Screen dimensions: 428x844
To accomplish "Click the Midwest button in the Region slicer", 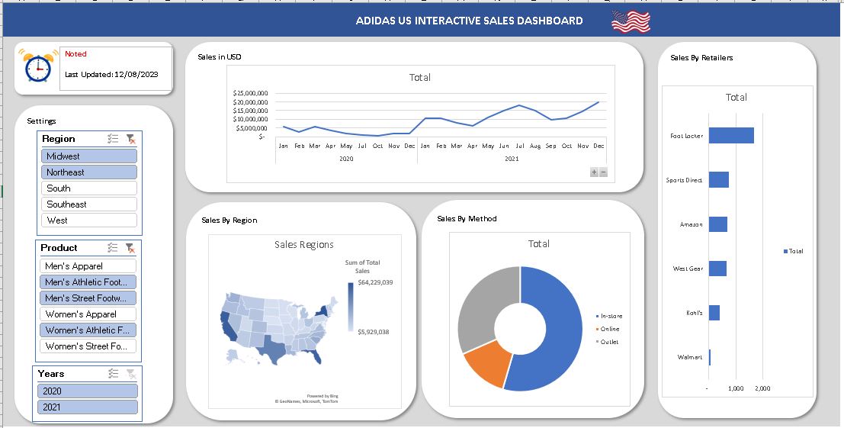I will (x=89, y=156).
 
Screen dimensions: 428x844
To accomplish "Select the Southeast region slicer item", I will (x=89, y=204).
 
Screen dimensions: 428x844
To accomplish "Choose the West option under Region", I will (x=89, y=220).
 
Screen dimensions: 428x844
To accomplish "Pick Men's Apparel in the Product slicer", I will (x=88, y=266).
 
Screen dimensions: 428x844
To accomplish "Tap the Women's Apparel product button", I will (x=88, y=314).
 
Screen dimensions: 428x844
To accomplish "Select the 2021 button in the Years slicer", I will (x=88, y=407).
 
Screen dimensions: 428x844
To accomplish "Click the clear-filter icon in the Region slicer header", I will (x=131, y=139).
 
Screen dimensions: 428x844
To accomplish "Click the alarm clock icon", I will (x=37, y=66).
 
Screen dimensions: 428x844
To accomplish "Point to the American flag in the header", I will (x=631, y=21).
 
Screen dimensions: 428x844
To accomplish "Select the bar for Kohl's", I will (x=714, y=313).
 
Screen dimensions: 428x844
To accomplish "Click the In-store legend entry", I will (x=611, y=316).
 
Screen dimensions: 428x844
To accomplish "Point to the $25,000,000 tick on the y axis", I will (x=250, y=93).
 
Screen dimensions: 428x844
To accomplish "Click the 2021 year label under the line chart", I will (x=512, y=159).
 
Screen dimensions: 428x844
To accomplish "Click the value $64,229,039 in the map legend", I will (x=374, y=282).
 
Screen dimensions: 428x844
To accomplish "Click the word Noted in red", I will (x=75, y=54).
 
